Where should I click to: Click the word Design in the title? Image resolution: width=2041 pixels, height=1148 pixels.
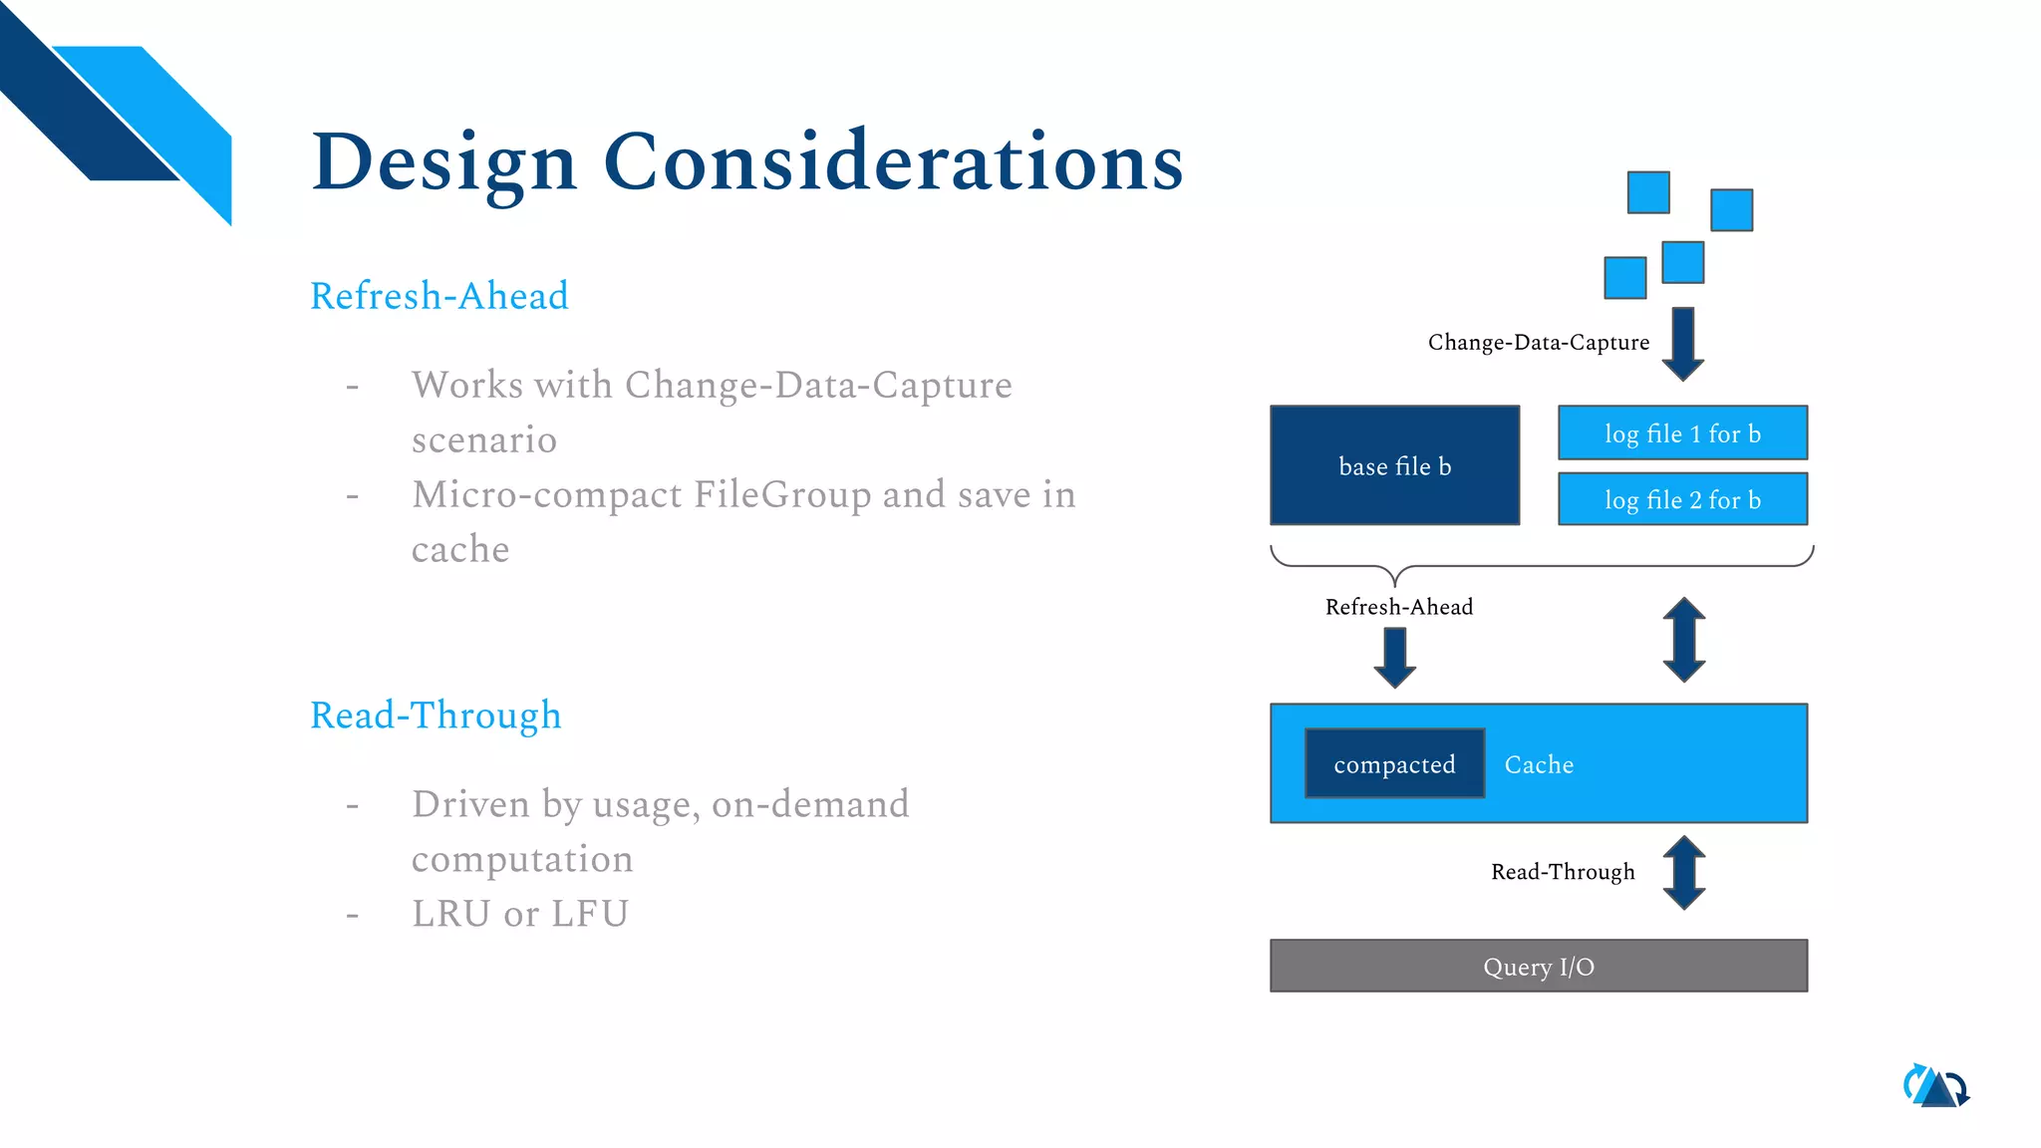pos(444,162)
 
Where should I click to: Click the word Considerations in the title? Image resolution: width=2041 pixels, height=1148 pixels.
pos(893,162)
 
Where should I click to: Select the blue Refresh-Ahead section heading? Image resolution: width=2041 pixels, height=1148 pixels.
pos(438,296)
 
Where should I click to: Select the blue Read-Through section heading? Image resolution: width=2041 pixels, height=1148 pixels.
pos(436,716)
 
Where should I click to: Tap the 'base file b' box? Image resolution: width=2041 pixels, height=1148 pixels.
pos(1394,465)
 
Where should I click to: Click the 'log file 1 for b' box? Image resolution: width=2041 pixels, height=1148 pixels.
pos(1682,433)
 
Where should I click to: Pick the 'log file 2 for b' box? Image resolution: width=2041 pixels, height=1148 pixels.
pos(1682,499)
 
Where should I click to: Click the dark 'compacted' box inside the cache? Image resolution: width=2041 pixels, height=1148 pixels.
pos(1394,764)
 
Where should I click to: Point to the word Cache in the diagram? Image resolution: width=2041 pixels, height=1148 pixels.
pos(1539,764)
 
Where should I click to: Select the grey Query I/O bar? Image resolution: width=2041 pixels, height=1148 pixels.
pos(1538,966)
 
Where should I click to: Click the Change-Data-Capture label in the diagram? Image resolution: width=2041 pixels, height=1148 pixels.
pos(1538,342)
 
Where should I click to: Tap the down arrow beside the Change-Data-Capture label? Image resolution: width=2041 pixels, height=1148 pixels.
pos(1683,343)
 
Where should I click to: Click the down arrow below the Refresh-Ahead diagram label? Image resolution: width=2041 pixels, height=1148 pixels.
pos(1394,657)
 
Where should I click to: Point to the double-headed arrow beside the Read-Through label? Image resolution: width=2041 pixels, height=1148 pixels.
pos(1683,872)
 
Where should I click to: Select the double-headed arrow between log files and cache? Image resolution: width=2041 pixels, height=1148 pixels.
pos(1683,639)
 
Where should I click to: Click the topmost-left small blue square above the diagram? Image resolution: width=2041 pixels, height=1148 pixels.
pos(1648,192)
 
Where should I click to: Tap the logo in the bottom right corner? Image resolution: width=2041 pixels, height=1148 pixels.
pos(1935,1086)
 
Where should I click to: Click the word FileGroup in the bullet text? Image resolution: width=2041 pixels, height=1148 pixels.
pos(782,495)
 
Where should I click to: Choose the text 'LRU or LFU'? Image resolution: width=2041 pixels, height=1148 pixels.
pos(519,914)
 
